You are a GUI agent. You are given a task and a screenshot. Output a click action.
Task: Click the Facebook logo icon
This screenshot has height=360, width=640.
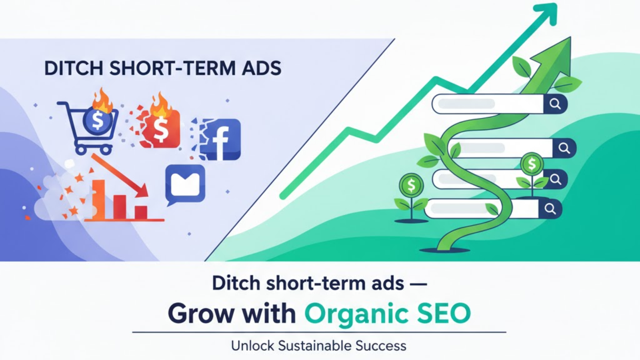pyautogui.click(x=220, y=140)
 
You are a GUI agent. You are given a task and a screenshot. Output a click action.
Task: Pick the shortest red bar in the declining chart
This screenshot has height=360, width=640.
pyautogui.click(x=141, y=212)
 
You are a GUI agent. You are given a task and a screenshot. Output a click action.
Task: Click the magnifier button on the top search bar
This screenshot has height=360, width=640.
pyautogui.click(x=555, y=104)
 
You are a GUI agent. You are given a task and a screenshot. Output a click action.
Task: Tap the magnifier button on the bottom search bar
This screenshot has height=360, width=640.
pyautogui.click(x=550, y=209)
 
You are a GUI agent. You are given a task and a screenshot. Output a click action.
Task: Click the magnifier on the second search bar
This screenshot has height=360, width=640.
pyautogui.click(x=564, y=148)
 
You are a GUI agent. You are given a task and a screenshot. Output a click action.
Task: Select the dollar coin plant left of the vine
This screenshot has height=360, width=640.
pyautogui.click(x=411, y=198)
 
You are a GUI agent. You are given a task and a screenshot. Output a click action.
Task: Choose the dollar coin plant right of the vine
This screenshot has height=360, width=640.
pyautogui.click(x=532, y=175)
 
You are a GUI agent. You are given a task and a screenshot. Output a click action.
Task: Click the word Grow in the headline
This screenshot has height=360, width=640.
pyautogui.click(x=200, y=314)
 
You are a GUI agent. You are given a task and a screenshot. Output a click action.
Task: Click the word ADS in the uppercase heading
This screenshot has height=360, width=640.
pyautogui.click(x=262, y=68)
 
